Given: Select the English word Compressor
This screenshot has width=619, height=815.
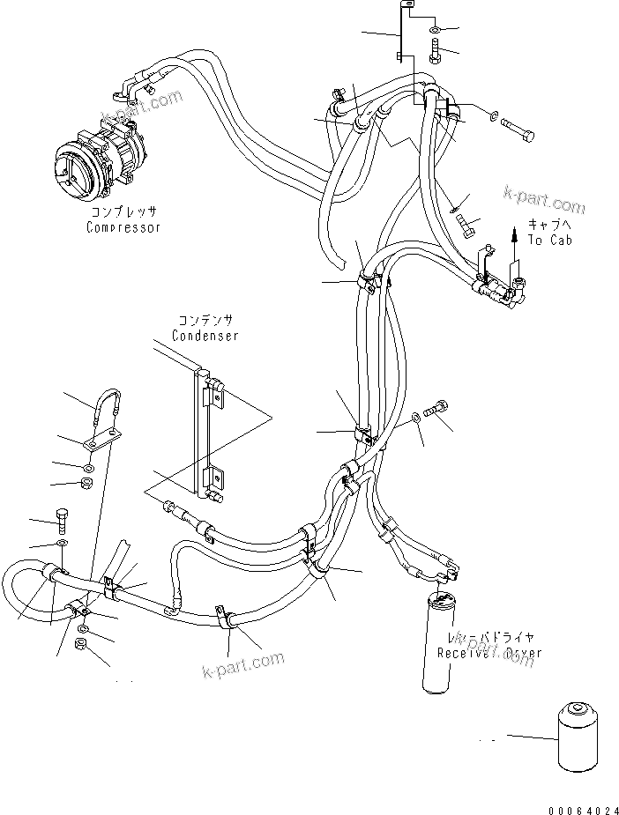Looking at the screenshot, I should pos(123,227).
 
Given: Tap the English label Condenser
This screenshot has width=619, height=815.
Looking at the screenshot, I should pos(205,336).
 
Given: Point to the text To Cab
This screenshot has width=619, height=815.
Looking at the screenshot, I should pos(549,240).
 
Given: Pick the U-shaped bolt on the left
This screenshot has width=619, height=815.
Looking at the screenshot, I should pos(108,408).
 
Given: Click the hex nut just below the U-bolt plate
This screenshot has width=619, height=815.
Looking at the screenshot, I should pos(88,484).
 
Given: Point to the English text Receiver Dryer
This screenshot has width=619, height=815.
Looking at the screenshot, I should pos(489,653).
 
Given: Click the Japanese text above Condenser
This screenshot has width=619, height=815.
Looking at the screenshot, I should pos(205,321).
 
